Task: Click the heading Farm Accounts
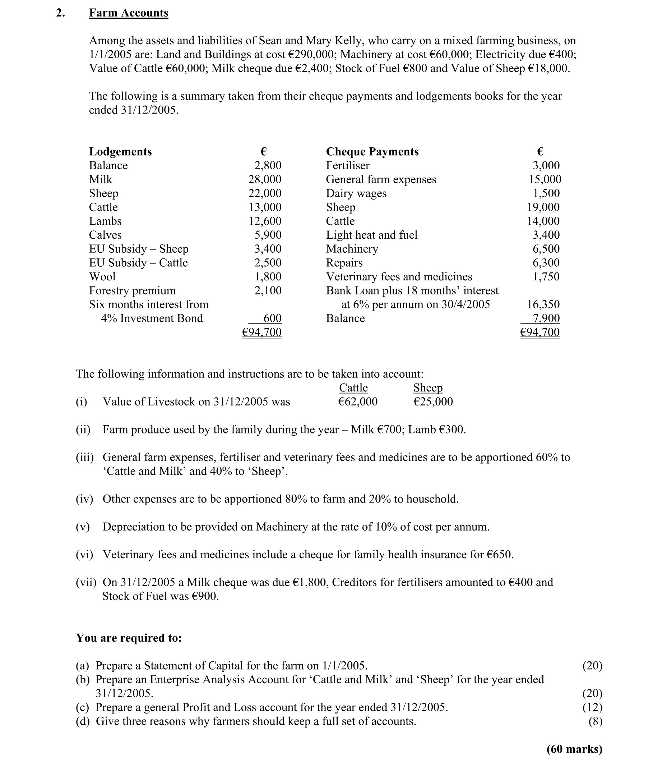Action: point(129,13)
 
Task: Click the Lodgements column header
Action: point(120,152)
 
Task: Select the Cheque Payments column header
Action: point(372,152)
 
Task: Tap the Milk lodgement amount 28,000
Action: point(265,179)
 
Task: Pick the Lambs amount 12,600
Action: point(265,221)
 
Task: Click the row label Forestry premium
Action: point(132,290)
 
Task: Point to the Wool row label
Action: point(102,277)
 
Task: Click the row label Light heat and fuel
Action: point(371,235)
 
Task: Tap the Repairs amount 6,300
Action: point(546,263)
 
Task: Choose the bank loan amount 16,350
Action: point(543,304)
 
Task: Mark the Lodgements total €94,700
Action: point(262,332)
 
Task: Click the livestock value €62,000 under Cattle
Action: point(358,401)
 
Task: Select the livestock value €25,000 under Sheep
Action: point(433,401)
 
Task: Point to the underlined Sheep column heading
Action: point(427,388)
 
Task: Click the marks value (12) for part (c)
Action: point(592,707)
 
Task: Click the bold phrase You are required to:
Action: point(129,638)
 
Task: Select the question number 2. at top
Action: point(60,13)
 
